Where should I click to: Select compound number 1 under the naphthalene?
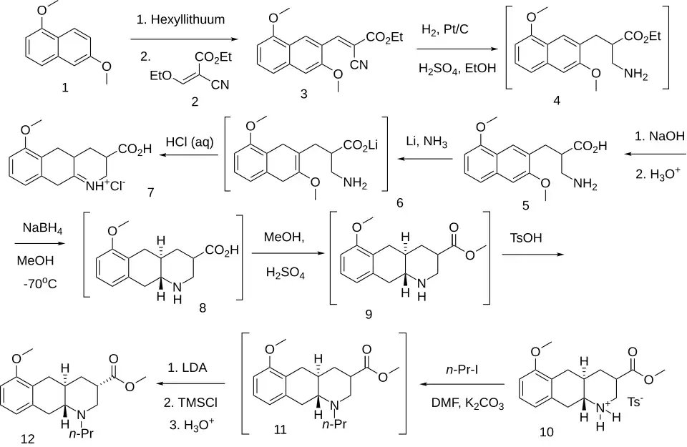[x=65, y=87]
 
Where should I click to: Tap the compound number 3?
[x=303, y=93]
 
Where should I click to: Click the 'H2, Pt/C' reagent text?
[x=444, y=30]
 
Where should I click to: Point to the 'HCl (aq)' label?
[x=190, y=142]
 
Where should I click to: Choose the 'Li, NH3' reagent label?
[x=427, y=142]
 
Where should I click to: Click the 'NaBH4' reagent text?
[x=42, y=229]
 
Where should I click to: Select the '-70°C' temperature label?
[x=40, y=284]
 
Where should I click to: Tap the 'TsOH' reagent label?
[x=526, y=237]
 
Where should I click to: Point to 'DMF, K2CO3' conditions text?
[x=467, y=403]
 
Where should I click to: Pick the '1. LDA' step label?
[x=187, y=368]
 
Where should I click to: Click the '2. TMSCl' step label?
[x=190, y=403]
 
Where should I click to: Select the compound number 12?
[x=28, y=438]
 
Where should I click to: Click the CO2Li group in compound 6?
[x=360, y=145]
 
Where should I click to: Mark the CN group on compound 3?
[x=359, y=65]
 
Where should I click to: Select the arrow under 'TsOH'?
[x=533, y=254]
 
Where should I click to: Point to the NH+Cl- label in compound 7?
[x=105, y=186]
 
